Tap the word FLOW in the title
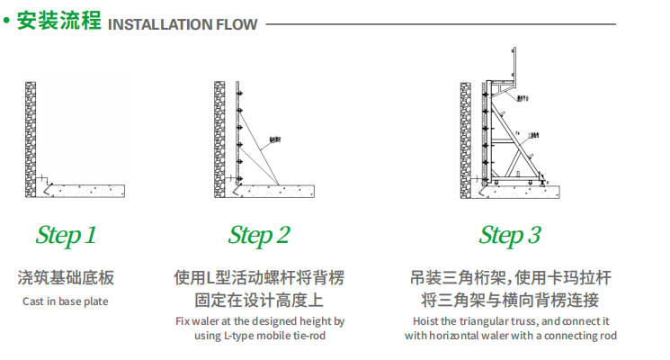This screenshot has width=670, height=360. coord(236,24)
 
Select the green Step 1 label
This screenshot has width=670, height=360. coord(66,236)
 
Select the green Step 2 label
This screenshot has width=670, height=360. coord(259,236)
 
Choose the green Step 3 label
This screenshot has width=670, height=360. coord(510,236)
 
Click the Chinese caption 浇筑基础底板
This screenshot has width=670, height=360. coord(66,278)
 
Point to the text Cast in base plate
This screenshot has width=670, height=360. coord(66,301)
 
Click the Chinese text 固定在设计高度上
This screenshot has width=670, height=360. coord(259,301)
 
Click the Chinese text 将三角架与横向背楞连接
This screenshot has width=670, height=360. coord(510,301)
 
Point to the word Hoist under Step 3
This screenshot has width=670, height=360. coord(427,320)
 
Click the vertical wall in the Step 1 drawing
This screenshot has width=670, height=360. coord(31,135)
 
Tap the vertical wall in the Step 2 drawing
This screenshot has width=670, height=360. coord(219,135)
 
